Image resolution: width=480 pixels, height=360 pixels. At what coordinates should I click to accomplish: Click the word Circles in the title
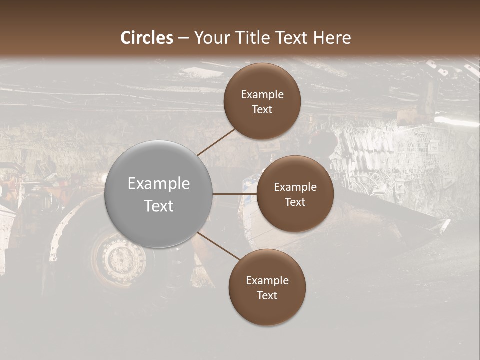click(147, 37)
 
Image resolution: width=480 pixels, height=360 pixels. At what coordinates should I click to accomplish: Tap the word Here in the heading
click(332, 37)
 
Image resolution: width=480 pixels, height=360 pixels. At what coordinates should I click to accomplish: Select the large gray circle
click(159, 194)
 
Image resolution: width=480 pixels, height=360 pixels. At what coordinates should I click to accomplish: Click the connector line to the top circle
click(217, 141)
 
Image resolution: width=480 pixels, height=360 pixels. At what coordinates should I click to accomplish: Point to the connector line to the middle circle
click(235, 194)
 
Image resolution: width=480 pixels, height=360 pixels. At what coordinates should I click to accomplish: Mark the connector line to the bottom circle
click(218, 246)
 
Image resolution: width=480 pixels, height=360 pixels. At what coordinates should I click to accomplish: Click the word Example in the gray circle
click(159, 184)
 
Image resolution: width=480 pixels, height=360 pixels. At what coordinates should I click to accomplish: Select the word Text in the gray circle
click(159, 206)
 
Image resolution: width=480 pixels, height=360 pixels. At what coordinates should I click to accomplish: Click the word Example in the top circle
click(262, 94)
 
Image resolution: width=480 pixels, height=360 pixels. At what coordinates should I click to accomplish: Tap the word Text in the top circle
click(262, 109)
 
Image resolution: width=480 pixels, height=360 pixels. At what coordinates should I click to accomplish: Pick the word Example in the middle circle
click(295, 187)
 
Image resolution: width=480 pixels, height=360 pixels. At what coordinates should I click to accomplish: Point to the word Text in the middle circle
click(295, 202)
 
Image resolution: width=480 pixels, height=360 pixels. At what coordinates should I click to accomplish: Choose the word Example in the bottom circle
click(267, 280)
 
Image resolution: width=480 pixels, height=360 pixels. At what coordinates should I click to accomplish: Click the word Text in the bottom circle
click(267, 295)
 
